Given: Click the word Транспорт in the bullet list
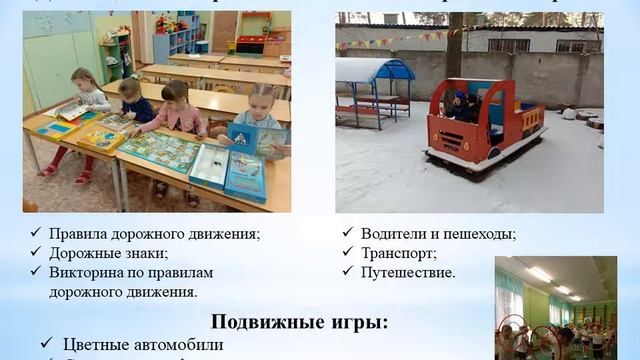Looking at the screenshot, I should [398, 253].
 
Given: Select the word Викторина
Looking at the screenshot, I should [90, 272].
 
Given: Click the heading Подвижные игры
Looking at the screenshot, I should [299, 322].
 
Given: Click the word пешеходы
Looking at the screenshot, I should [479, 234].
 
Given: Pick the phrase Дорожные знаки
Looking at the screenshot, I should [109, 253].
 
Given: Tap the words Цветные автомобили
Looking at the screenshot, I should [143, 345].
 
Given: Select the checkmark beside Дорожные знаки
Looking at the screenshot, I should [36, 253].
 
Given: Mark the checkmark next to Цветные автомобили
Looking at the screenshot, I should [47, 344].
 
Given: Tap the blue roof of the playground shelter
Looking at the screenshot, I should [375, 69].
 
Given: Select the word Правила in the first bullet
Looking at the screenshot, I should [83, 234].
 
